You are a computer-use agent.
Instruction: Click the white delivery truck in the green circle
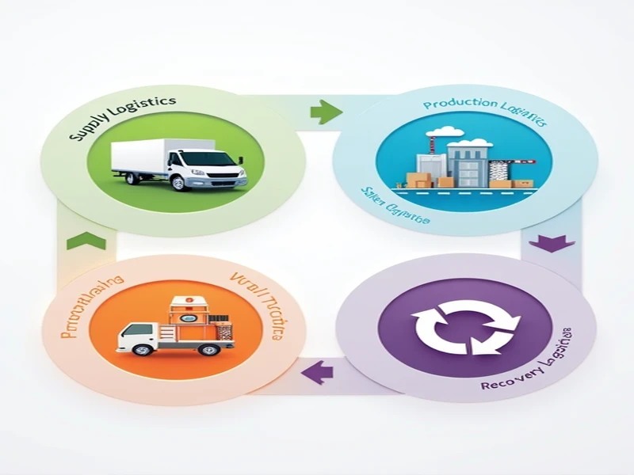coord(179,164)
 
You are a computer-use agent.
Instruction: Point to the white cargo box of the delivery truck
coord(142,155)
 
